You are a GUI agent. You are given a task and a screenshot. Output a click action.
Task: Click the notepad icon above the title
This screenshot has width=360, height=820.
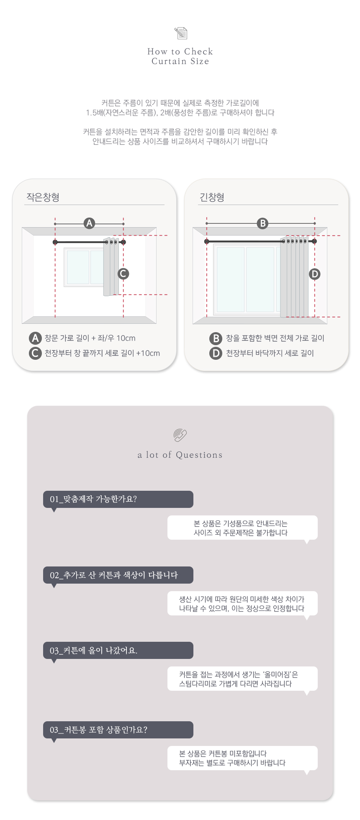(180, 33)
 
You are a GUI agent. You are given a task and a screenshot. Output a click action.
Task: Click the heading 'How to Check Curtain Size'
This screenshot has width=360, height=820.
(180, 56)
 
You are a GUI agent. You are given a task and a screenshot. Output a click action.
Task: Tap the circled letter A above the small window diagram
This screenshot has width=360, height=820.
(89, 223)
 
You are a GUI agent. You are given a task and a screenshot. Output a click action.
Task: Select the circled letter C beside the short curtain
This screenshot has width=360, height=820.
(123, 274)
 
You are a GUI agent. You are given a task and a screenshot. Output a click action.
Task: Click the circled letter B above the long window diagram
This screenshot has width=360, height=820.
(262, 223)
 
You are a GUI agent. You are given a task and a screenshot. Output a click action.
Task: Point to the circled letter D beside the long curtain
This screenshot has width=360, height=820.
(314, 274)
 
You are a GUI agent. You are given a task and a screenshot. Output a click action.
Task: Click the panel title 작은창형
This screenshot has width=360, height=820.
(43, 197)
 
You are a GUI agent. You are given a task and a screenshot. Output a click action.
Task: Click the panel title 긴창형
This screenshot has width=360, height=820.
(212, 197)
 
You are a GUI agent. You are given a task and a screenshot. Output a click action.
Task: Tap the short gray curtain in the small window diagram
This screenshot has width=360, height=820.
(111, 268)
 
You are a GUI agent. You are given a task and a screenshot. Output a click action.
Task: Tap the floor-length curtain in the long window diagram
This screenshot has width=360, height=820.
(294, 278)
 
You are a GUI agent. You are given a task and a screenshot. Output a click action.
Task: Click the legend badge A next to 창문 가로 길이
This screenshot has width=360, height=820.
(35, 338)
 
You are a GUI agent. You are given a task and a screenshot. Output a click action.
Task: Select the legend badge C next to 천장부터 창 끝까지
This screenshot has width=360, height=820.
(35, 353)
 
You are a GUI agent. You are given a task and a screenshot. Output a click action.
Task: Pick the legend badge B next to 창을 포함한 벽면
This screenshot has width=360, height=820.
(216, 338)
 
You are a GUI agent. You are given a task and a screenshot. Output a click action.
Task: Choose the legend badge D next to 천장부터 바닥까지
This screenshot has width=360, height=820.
(216, 353)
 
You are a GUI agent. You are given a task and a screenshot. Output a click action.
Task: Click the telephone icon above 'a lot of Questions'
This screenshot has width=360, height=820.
(180, 436)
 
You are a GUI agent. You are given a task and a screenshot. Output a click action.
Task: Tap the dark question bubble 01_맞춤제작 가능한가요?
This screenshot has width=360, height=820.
(118, 499)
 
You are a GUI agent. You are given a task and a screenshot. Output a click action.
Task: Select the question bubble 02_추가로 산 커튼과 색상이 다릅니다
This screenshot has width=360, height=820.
(118, 575)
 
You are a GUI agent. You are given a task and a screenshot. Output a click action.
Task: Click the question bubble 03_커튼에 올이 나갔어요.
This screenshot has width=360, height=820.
(118, 650)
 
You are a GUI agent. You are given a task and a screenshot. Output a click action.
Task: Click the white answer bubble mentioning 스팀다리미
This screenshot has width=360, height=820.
(242, 679)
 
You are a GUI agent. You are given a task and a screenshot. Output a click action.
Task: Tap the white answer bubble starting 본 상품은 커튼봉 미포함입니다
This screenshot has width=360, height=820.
(242, 758)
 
